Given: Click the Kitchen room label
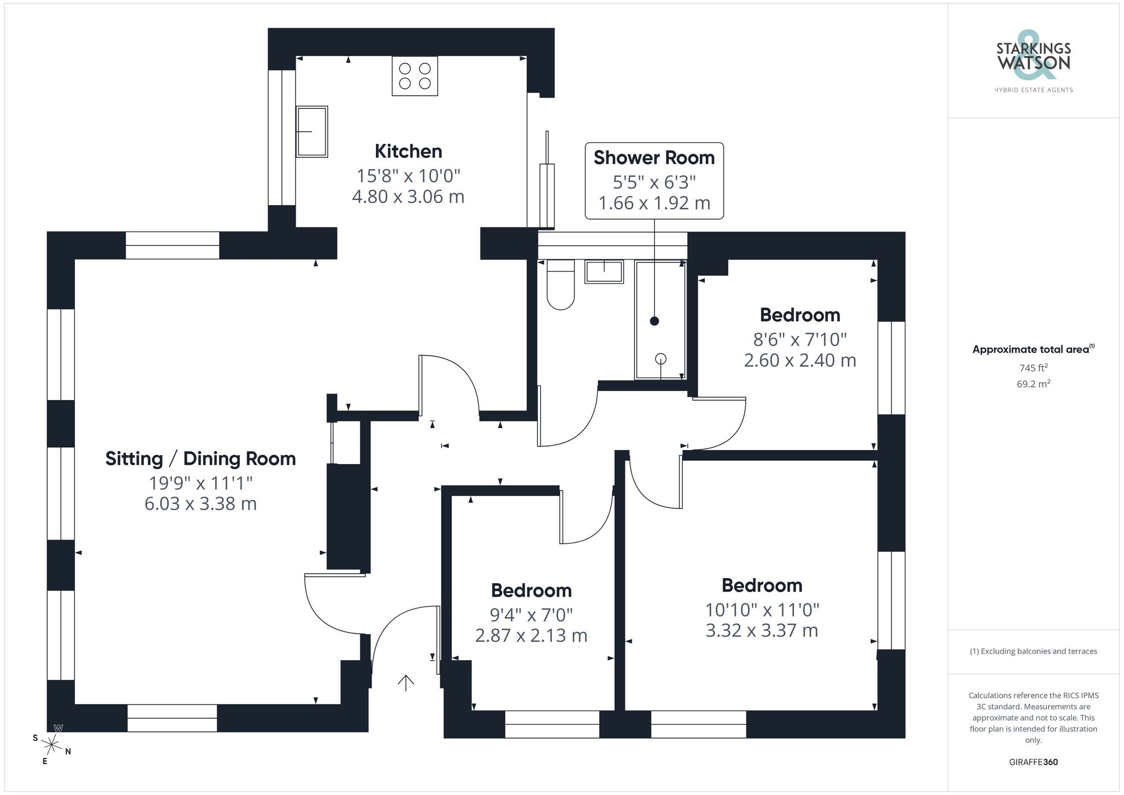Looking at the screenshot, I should [x=408, y=151].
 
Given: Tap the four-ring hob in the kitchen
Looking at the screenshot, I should [x=415, y=76].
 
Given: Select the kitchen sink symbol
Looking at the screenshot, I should [x=311, y=131].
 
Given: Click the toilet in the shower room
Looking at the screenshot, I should [x=560, y=285].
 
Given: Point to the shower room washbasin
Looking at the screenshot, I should [x=604, y=271].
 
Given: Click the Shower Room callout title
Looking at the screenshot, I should [x=654, y=158].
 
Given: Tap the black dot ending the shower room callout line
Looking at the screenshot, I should [x=654, y=321].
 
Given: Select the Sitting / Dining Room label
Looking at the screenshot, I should [x=200, y=458].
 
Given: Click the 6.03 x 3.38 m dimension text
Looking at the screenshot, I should [x=200, y=503].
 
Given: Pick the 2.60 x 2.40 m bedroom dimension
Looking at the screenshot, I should [x=800, y=360].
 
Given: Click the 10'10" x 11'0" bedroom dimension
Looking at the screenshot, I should [x=762, y=610].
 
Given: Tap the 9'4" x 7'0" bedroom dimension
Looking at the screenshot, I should [x=531, y=615].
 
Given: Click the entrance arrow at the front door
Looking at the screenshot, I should [x=406, y=682].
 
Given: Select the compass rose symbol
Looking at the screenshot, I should [x=52, y=745].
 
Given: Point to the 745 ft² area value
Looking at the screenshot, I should [x=1033, y=368].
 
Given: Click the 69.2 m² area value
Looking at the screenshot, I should [x=1033, y=384].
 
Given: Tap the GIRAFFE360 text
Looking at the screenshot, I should [x=1033, y=762].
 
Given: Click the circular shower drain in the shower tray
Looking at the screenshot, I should [x=661, y=358].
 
